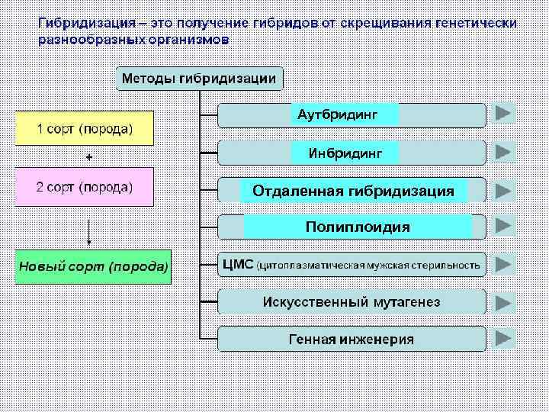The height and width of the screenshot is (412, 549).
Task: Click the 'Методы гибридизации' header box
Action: coord(199,79)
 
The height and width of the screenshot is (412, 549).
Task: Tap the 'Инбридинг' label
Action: coord(344,153)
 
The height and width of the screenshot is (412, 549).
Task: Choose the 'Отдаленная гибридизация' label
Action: coord(353,190)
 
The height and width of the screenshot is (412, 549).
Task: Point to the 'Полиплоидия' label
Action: coord(358,227)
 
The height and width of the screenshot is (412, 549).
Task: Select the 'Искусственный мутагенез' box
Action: coord(352,301)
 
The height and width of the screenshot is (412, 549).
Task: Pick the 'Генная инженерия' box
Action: coord(352,339)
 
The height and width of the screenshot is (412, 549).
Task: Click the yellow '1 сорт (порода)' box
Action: coord(85,128)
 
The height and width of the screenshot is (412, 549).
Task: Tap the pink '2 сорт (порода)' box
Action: coord(85,187)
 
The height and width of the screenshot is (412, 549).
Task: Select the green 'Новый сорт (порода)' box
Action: coord(93,266)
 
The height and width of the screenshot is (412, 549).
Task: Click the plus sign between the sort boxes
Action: coord(89,157)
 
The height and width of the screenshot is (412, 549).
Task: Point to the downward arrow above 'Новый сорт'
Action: coord(89,232)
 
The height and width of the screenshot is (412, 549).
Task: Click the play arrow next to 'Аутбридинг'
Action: coord(503,114)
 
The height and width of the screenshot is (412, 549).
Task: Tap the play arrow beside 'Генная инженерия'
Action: coord(503,338)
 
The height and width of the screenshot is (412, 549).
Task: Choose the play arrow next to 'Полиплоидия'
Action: coord(503,226)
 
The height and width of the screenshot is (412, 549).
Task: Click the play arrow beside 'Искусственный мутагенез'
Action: coord(503,301)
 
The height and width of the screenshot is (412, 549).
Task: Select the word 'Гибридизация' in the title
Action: coord(83,23)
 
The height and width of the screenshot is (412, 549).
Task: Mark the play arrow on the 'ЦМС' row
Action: coord(503,264)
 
